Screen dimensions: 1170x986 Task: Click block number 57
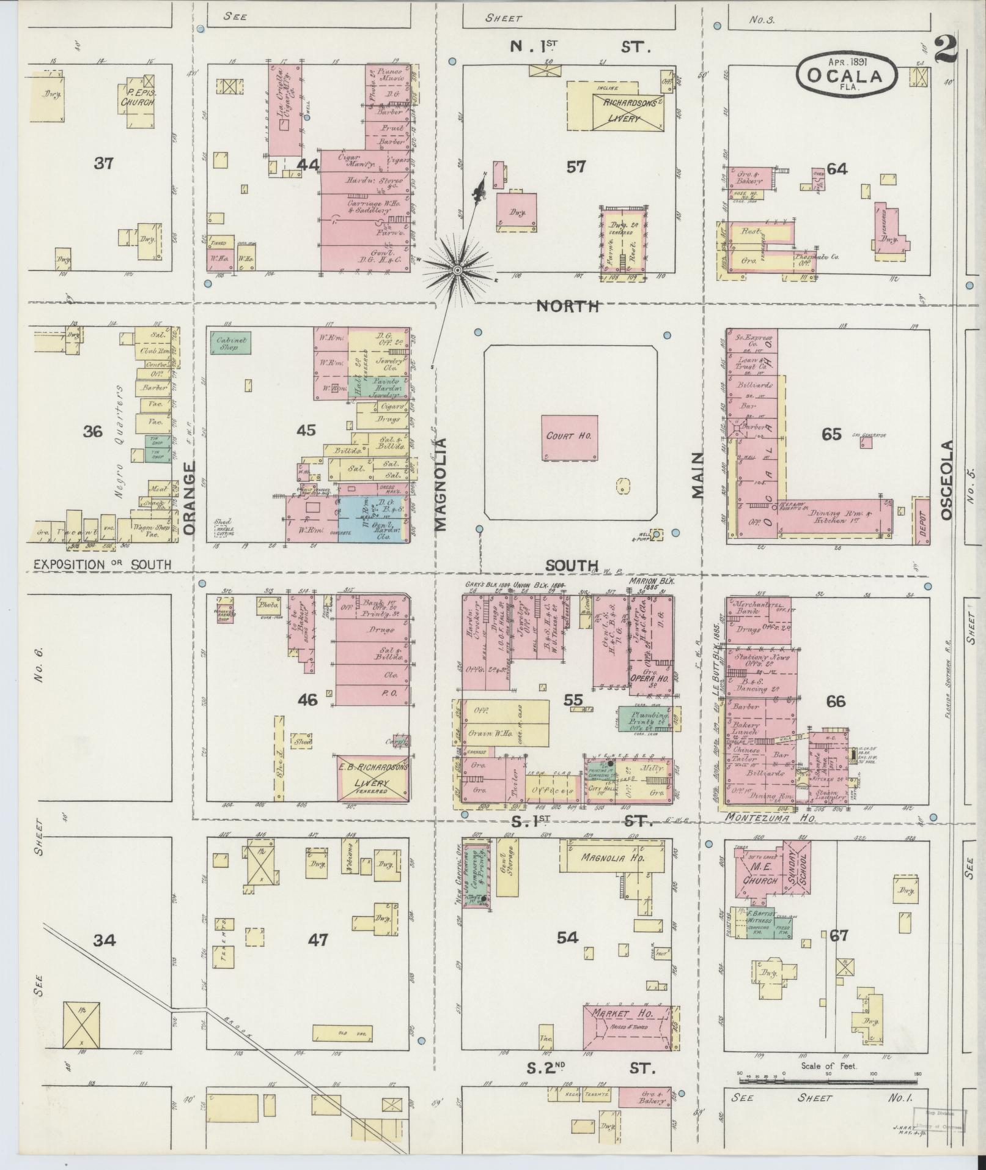pos(576,166)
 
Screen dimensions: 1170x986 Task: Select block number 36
pos(93,431)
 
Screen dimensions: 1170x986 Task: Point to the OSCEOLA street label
pos(947,480)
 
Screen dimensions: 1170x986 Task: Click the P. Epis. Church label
pos(136,98)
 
